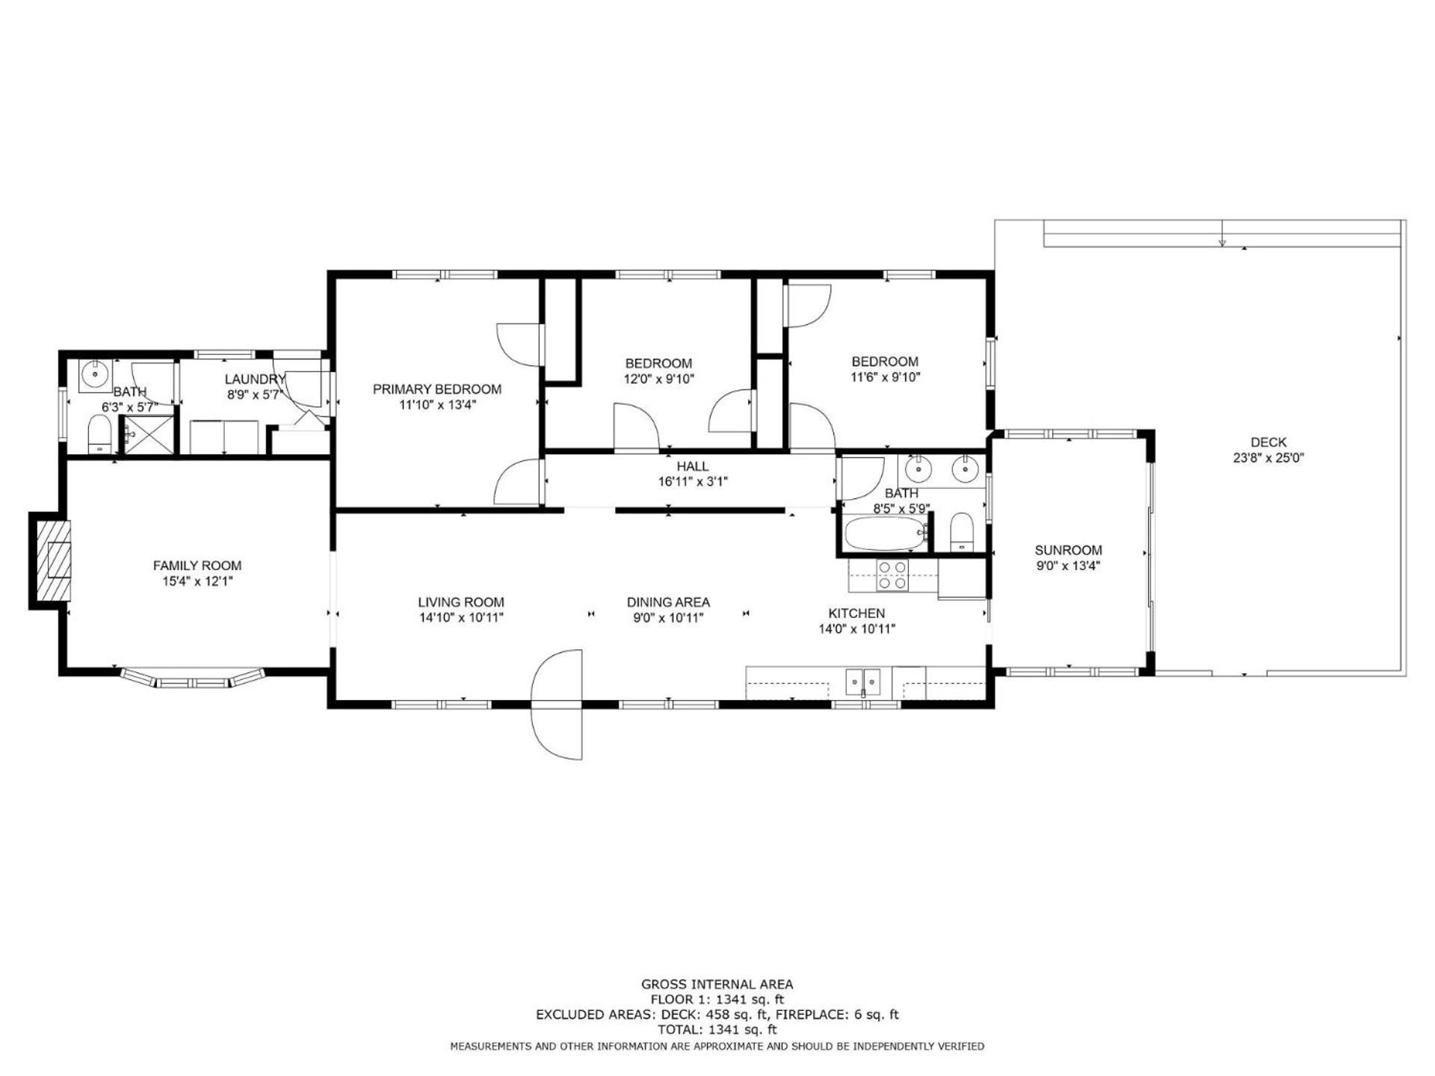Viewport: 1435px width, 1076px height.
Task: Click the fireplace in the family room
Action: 50,560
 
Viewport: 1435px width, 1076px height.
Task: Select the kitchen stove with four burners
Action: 892,575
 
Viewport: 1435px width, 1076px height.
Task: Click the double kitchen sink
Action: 863,681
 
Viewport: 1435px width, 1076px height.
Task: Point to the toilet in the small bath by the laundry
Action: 99,436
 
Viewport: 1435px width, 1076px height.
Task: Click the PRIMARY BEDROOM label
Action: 437,389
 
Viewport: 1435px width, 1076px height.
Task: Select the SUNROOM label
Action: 1068,551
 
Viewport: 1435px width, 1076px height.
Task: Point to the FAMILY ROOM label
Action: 197,566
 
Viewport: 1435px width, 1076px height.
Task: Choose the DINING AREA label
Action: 668,602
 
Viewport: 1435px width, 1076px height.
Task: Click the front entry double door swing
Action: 556,705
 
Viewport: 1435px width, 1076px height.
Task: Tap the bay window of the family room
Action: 194,678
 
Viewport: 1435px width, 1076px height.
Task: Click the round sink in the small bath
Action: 95,374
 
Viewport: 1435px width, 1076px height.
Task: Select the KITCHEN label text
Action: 857,613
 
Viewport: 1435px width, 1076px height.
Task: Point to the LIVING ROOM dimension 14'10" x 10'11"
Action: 461,618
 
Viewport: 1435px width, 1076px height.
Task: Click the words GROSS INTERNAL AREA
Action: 717,985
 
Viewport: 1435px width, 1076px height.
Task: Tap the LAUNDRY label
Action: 255,380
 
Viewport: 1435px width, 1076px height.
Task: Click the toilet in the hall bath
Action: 961,532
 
